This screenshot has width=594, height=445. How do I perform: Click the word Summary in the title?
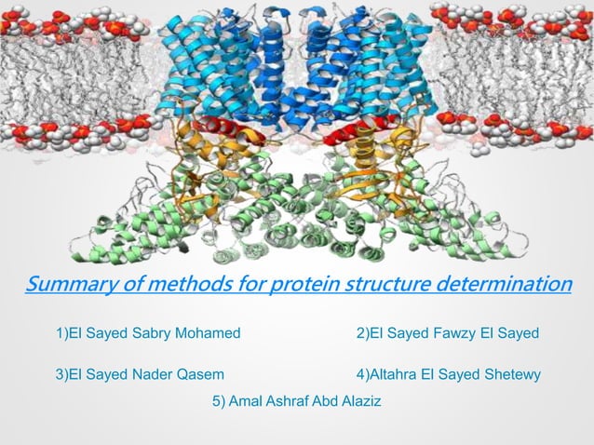tap(65, 283)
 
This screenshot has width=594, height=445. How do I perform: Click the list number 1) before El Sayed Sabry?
tap(63, 333)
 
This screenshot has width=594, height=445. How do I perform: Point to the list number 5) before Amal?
tap(220, 401)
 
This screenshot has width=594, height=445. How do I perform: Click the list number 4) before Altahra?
tap(363, 374)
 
